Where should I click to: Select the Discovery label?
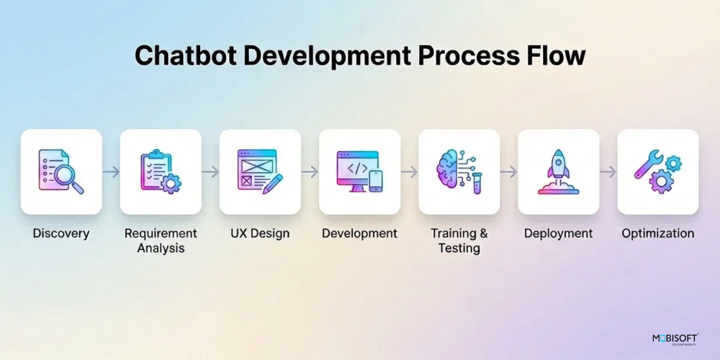pos(61,233)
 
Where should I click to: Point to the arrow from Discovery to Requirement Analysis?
pos(111,172)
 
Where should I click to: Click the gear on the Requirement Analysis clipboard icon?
pos(171,183)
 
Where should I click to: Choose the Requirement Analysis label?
pos(161,240)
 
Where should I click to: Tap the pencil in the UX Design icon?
pos(273,184)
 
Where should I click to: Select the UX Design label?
pos(260,233)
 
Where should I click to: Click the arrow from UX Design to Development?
pos(310,172)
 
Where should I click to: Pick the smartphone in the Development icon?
pos(376,181)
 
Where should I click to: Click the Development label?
pos(359,233)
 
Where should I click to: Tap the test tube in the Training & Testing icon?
pos(477,182)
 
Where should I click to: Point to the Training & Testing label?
pos(459,240)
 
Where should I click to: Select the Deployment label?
pos(559,233)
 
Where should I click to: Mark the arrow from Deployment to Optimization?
pos(608,172)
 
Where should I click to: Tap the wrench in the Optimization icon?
pos(649,164)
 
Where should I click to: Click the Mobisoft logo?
pos(675,339)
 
